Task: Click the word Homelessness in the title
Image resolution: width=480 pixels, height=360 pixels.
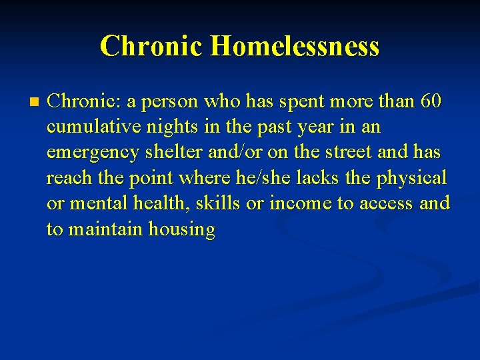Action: point(294,46)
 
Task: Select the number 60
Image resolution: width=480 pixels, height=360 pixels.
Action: point(431,101)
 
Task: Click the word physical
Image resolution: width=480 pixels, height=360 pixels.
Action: point(413,178)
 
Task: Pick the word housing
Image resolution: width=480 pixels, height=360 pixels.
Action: point(182,229)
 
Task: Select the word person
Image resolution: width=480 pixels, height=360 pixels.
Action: point(163,101)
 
